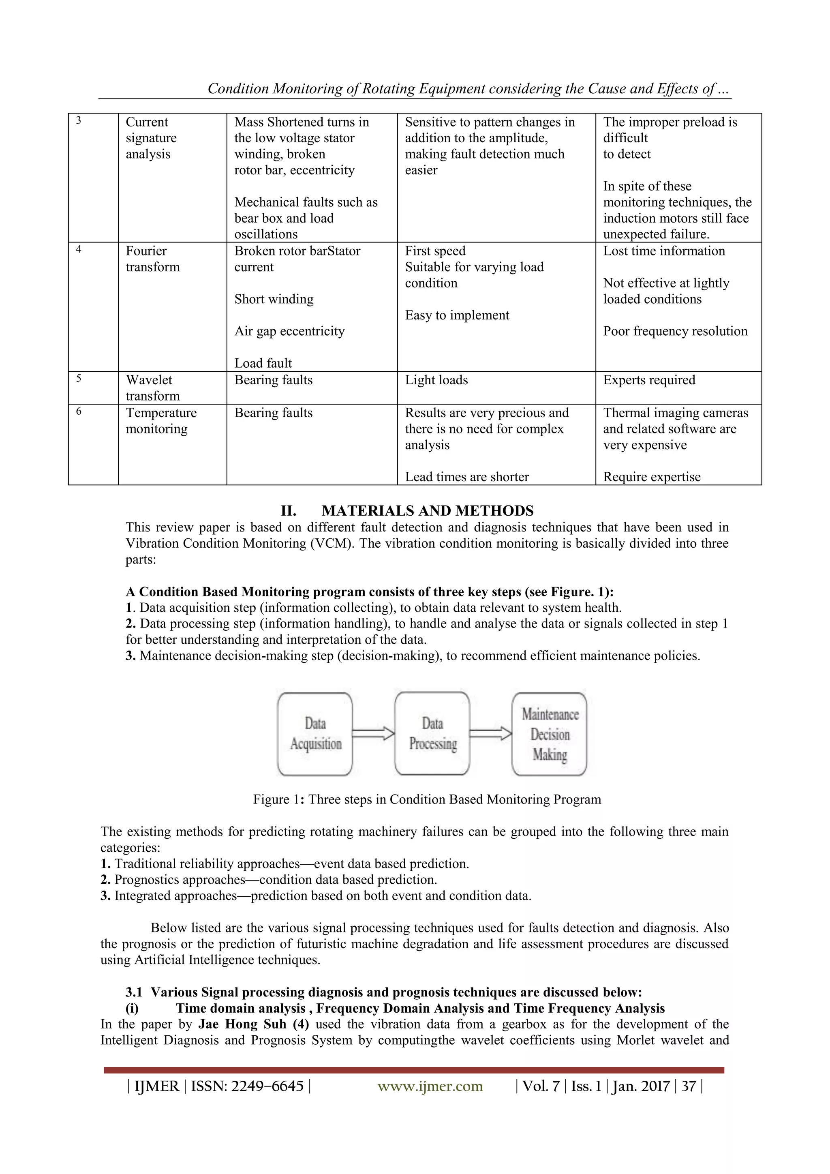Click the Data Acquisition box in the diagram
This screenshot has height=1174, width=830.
[315, 733]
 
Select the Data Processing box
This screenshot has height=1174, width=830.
[432, 733]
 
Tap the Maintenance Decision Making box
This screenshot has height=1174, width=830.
[550, 733]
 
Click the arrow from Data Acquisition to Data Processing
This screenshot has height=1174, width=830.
[373, 734]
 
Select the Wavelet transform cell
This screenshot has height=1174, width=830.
[152, 388]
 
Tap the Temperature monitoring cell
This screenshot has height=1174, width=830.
[160, 420]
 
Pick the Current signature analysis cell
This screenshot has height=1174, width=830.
[151, 138]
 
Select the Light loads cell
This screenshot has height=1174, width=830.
[436, 380]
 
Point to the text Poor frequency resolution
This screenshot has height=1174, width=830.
[675, 331]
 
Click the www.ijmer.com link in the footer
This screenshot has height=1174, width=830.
[430, 1086]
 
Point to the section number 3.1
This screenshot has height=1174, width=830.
[133, 992]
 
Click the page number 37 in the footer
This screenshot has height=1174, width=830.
[689, 1086]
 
